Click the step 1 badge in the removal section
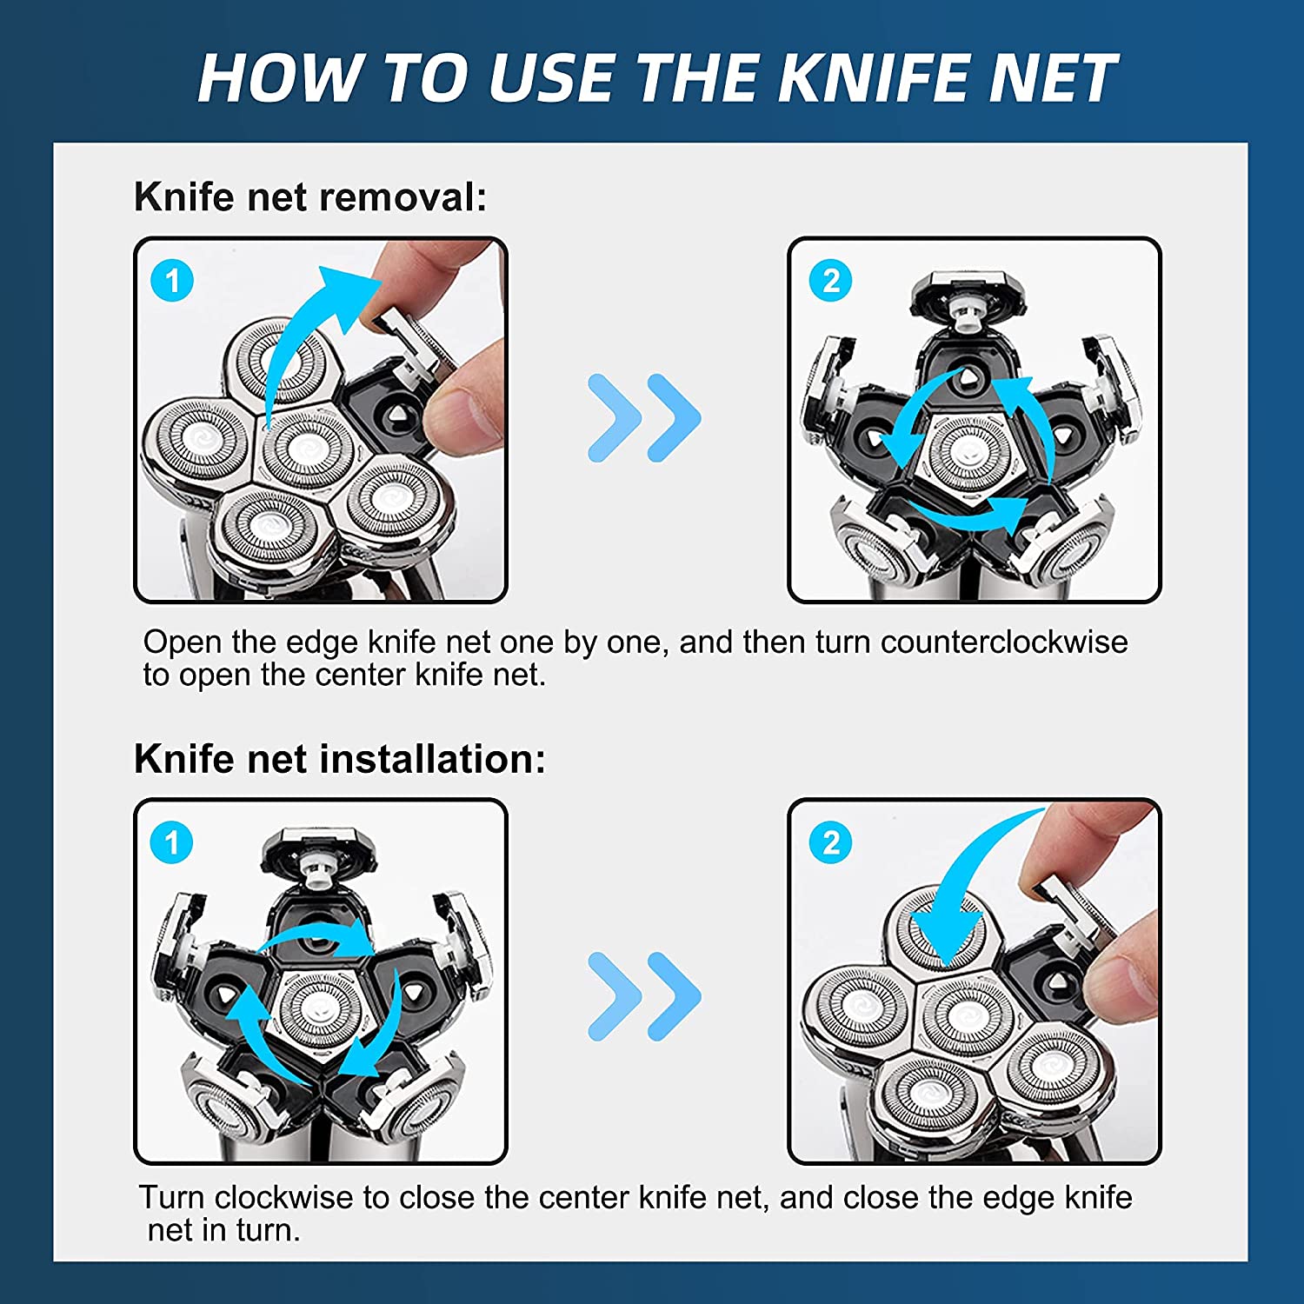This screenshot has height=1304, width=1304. tap(172, 281)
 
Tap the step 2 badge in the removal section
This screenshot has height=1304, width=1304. tap(831, 281)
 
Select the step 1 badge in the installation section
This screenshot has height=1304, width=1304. tap(172, 842)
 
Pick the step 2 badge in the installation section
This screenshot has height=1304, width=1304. tap(831, 842)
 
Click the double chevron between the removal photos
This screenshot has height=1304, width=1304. tap(644, 418)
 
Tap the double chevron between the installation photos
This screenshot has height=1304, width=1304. tap(644, 996)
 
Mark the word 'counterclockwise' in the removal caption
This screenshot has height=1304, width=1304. tap(1004, 642)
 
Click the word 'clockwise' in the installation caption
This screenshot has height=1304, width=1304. tap(283, 1198)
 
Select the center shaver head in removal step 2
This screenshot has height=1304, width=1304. tap(969, 452)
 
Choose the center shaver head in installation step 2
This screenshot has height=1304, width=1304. tap(965, 1017)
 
